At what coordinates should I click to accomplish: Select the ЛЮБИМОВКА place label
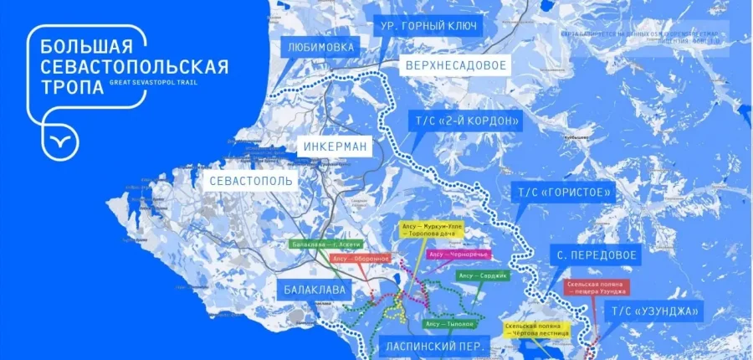(321, 48)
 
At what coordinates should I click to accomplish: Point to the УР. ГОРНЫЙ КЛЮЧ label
(428, 26)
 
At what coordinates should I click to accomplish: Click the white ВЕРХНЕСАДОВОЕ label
(456, 64)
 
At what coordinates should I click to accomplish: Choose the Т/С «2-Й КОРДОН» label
(465, 121)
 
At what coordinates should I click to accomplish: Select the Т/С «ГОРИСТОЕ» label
(566, 193)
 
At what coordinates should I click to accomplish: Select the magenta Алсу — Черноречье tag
(458, 254)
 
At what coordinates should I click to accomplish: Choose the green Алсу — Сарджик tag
(481, 275)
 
